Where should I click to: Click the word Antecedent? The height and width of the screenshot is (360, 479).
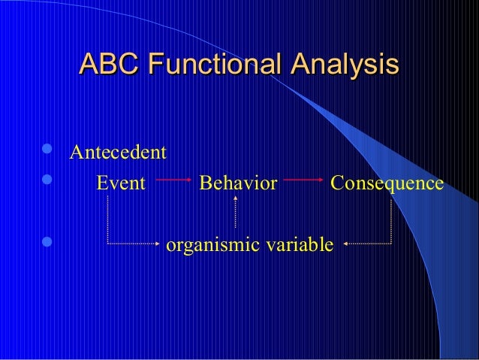pos(117,153)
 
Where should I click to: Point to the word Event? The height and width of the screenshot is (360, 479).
pos(120,183)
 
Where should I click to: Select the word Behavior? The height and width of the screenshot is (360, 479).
pos(238,183)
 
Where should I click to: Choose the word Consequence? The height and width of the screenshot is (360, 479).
pos(387,183)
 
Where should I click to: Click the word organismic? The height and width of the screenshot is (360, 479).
pos(212,245)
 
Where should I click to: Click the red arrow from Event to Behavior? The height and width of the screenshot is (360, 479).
pos(173,181)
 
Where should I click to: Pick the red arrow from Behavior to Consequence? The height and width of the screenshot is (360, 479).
pos(303,181)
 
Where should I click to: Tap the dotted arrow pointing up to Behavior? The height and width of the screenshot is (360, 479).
pos(236,210)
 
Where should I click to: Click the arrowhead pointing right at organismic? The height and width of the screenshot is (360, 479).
pos(158,244)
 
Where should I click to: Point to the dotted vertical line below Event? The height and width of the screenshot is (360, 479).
pos(109,218)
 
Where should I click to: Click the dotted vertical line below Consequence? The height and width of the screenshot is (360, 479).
pos(391,218)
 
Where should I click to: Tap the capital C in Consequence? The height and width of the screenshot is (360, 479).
pos(336,183)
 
